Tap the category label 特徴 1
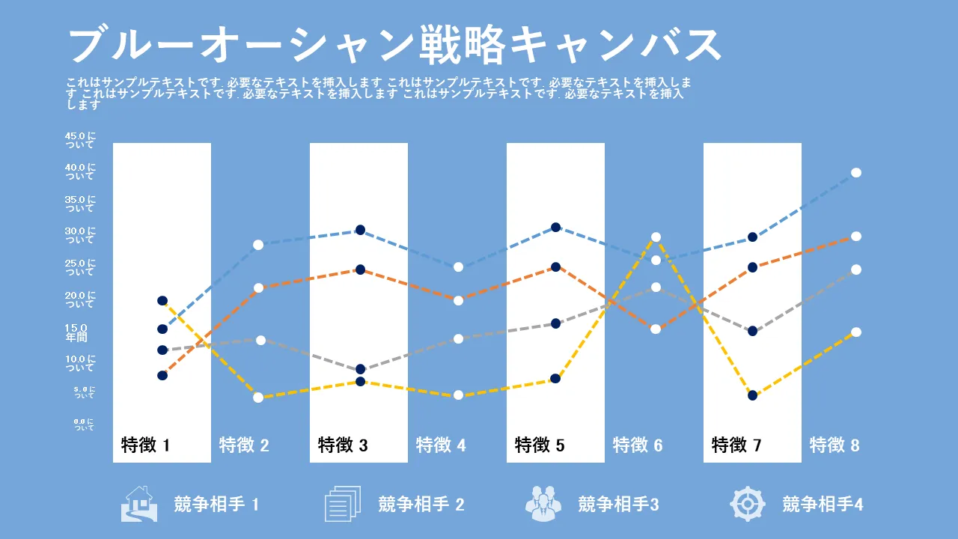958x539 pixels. pyautogui.click(x=146, y=445)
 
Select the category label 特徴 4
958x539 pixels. pyautogui.click(x=441, y=445)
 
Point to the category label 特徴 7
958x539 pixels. pyautogui.click(x=736, y=445)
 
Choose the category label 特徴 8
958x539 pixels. pyautogui.click(x=835, y=445)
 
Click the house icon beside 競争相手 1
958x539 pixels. pyautogui.click(x=139, y=504)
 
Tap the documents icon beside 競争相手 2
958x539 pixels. pyautogui.click(x=343, y=504)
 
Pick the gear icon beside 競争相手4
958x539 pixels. pyautogui.click(x=748, y=504)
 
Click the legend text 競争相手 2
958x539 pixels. pyautogui.click(x=421, y=505)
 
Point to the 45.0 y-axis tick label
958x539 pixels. pyautogui.click(x=80, y=140)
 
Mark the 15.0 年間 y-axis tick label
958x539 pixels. pyautogui.click(x=76, y=332)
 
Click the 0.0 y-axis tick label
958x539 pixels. pyautogui.click(x=84, y=424)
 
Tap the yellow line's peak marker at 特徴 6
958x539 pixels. pyautogui.click(x=656, y=237)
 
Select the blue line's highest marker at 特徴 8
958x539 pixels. pyautogui.click(x=856, y=173)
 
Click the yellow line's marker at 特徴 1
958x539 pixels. pyautogui.click(x=162, y=301)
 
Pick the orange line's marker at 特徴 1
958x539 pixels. pyautogui.click(x=162, y=375)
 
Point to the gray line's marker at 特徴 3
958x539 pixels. pyautogui.click(x=360, y=369)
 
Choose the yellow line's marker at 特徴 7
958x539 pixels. pyautogui.click(x=753, y=395)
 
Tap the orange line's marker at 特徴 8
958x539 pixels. pyautogui.click(x=856, y=237)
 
